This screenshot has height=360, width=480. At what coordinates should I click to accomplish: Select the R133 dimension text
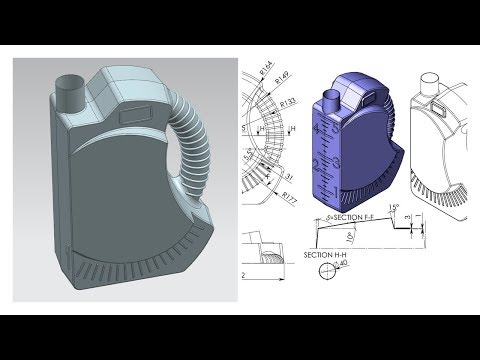click(287, 104)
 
